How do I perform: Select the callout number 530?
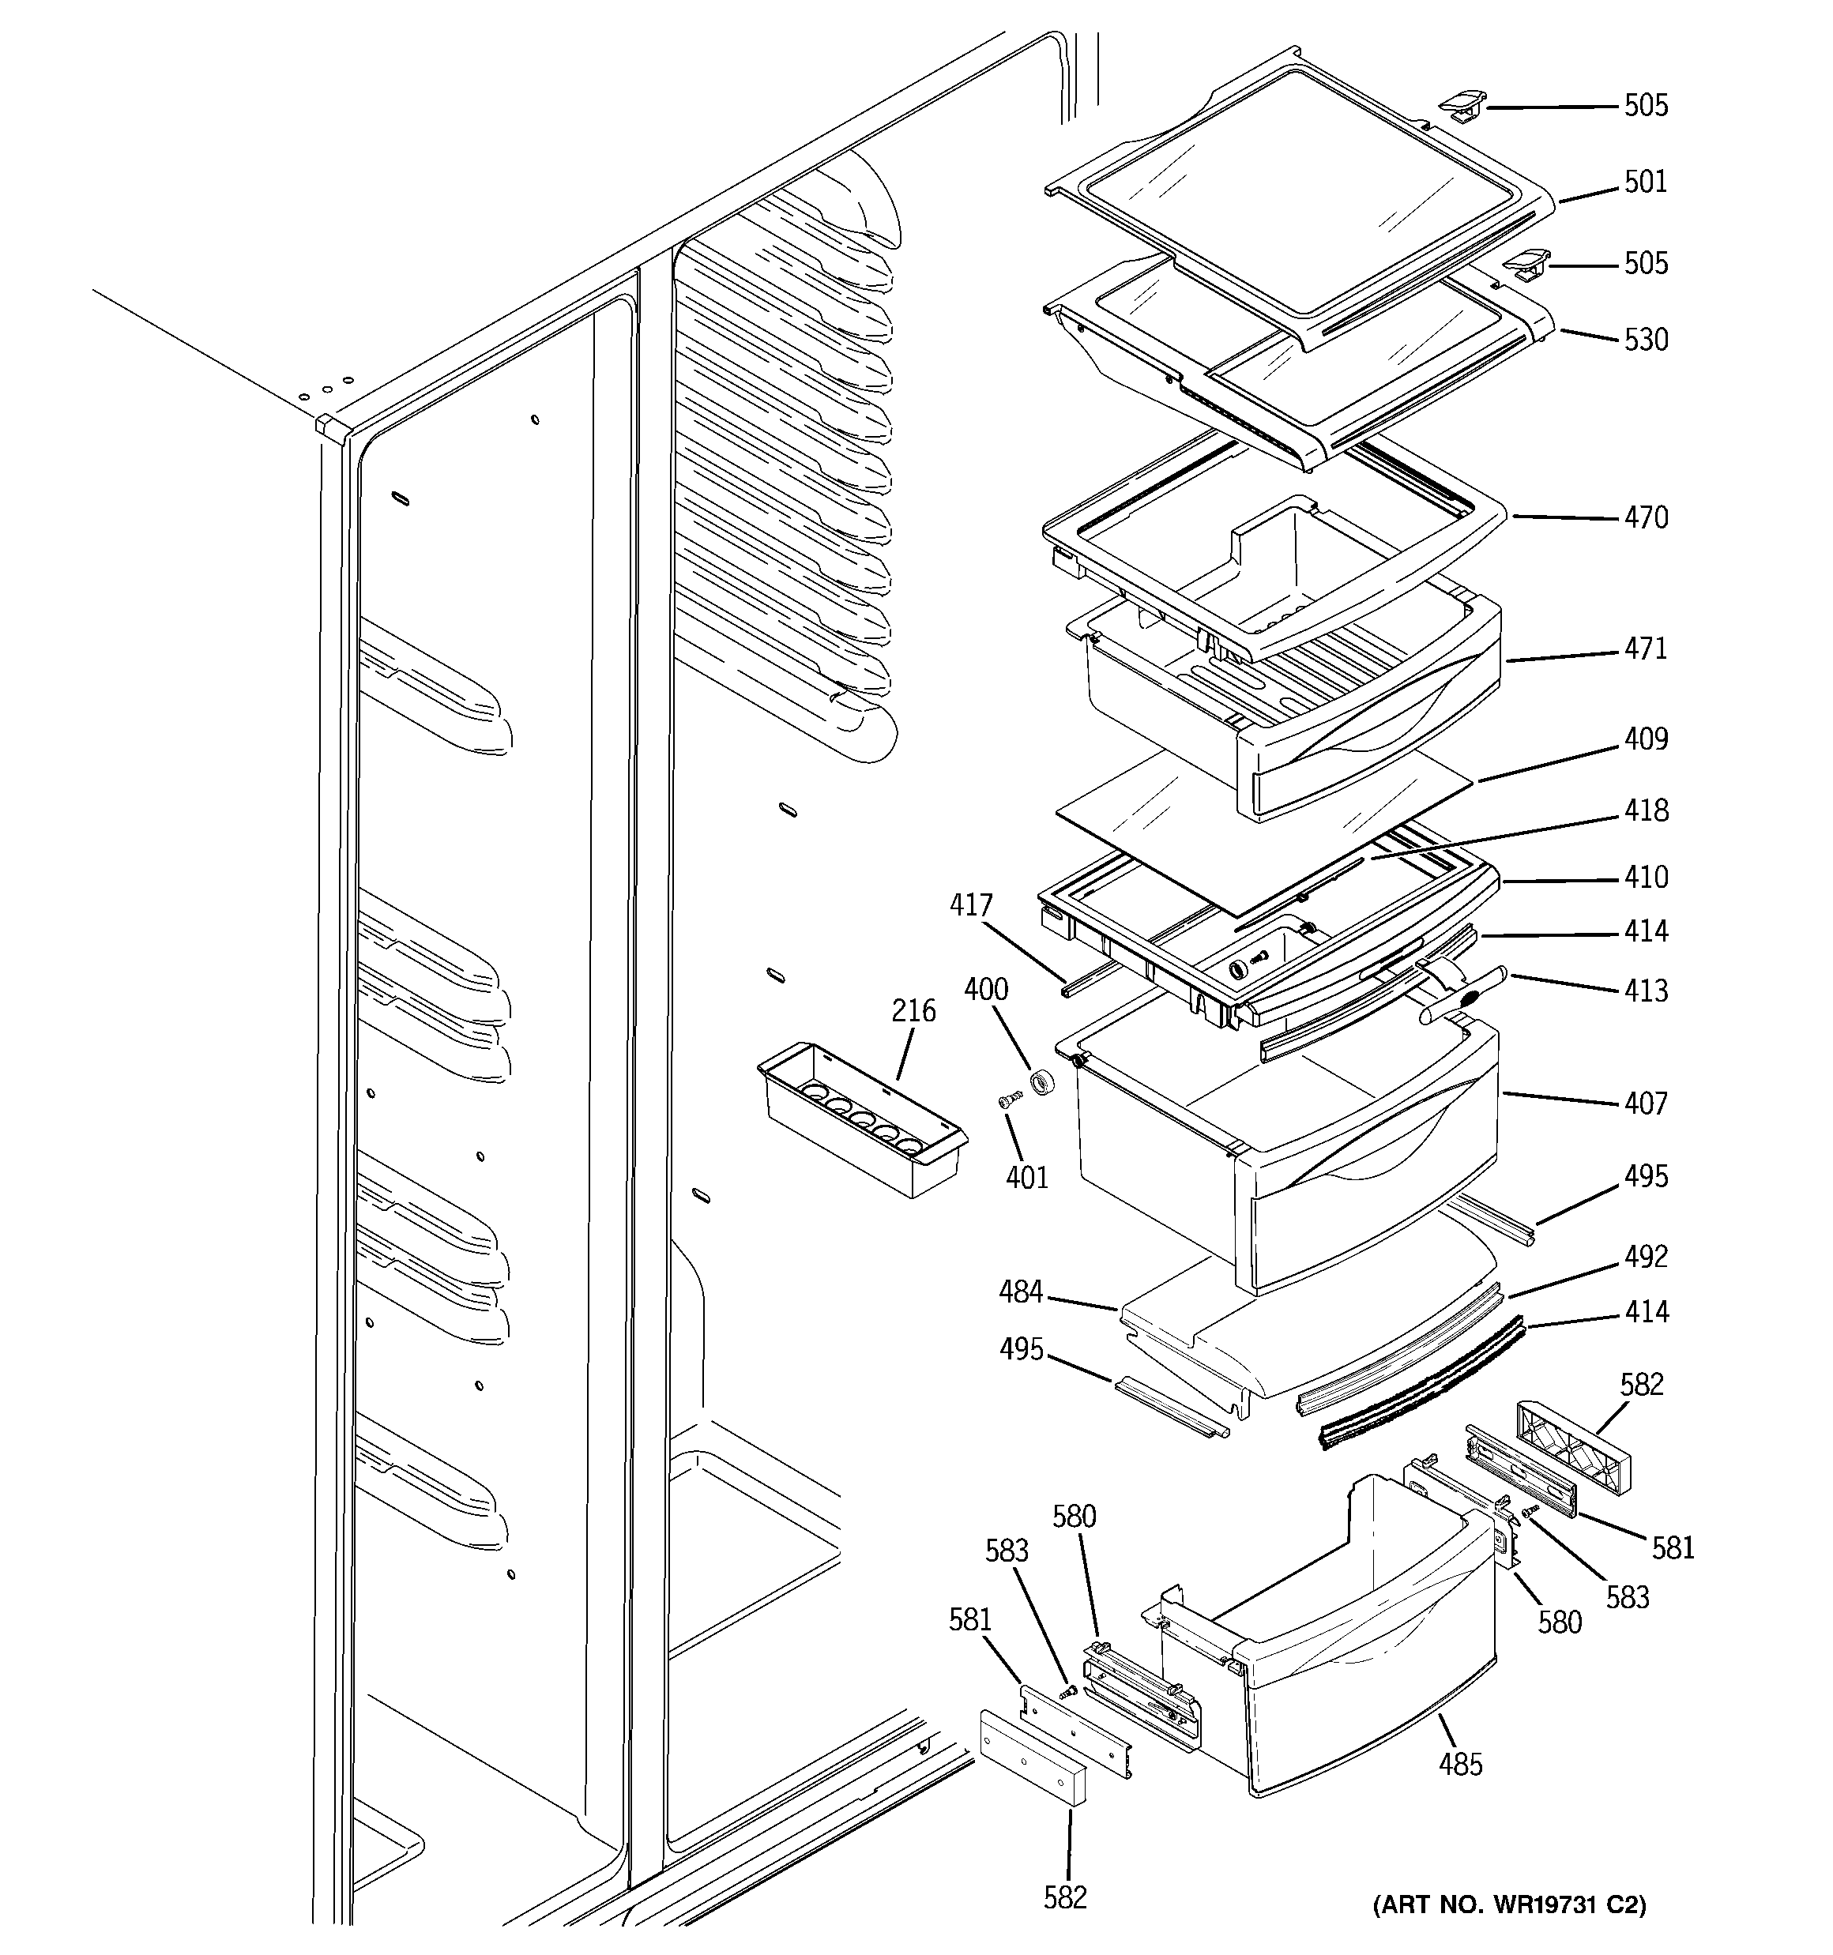coord(1645,340)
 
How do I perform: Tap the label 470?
coord(1645,517)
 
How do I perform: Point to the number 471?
coord(1645,649)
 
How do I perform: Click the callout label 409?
coord(1645,739)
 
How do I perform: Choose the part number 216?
coord(913,1011)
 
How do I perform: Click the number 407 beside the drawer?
coord(1645,1103)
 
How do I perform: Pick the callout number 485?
coord(1460,1765)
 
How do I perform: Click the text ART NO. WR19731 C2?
coord(1508,1906)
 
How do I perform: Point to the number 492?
coord(1645,1257)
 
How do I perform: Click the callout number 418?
coord(1645,810)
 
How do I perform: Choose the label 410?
coord(1645,878)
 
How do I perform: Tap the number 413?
coord(1645,991)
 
